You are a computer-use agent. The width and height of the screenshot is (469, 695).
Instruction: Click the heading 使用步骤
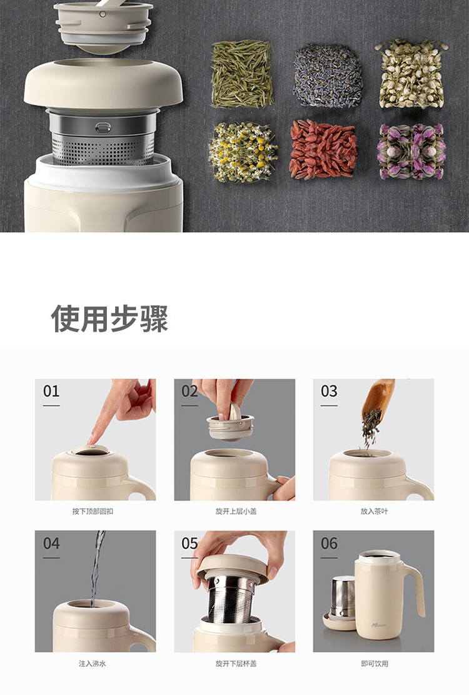pyautogui.click(x=109, y=318)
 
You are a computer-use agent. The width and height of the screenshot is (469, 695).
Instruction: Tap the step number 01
pyautogui.click(x=51, y=391)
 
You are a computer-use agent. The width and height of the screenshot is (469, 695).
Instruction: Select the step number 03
pyautogui.click(x=329, y=391)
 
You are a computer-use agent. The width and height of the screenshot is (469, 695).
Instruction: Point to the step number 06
pyautogui.click(x=329, y=543)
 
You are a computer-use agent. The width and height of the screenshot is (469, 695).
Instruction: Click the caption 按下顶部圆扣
pyautogui.click(x=93, y=511)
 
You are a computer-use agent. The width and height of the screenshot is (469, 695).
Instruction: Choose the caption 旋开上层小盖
pyautogui.click(x=236, y=511)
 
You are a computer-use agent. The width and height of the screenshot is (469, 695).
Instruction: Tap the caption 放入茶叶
pyautogui.click(x=374, y=511)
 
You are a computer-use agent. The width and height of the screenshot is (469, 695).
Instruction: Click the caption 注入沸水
pyautogui.click(x=93, y=664)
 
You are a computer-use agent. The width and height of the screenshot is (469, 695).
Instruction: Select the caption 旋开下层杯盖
pyautogui.click(x=236, y=664)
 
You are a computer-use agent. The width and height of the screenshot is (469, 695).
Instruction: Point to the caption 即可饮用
pyautogui.click(x=375, y=664)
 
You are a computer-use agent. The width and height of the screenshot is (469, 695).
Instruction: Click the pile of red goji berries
pyautogui.click(x=323, y=150)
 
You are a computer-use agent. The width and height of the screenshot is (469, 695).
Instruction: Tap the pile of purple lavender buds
pyautogui.click(x=328, y=76)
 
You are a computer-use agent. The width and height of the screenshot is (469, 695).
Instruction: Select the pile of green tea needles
pyautogui.click(x=242, y=74)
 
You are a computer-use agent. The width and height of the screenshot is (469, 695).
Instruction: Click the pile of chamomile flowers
pyautogui.click(x=243, y=152)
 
